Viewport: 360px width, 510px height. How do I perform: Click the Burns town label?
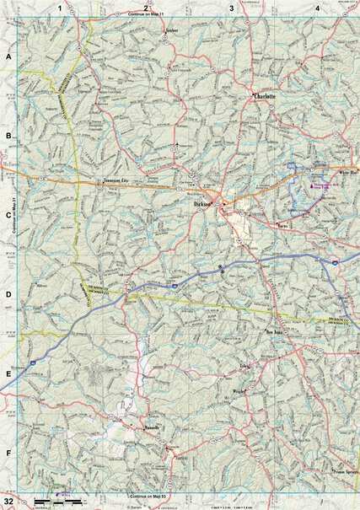(x=282, y=226)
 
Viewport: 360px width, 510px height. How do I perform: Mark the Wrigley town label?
(x=239, y=391)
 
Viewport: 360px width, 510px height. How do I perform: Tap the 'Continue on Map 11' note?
(x=148, y=15)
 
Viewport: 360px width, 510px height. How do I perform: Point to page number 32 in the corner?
(x=8, y=502)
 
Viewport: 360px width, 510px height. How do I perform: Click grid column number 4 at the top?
(x=317, y=8)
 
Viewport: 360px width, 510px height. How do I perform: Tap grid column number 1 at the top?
(x=59, y=8)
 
